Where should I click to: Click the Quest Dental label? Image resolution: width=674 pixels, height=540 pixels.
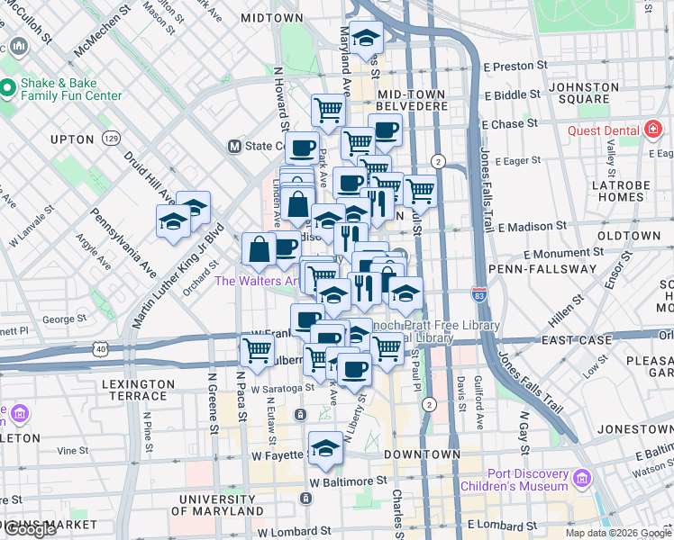tap(602, 130)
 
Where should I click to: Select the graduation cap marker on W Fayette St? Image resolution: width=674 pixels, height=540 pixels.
tap(326, 449)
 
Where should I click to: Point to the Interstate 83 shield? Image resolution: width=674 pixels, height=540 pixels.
tap(478, 294)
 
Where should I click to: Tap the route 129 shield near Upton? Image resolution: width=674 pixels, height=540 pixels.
tap(110, 139)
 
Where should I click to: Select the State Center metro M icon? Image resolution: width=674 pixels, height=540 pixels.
tap(234, 146)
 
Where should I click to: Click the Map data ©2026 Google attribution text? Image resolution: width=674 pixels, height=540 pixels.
tap(617, 533)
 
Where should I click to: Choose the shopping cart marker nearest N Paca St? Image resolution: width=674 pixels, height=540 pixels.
tap(258, 351)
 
